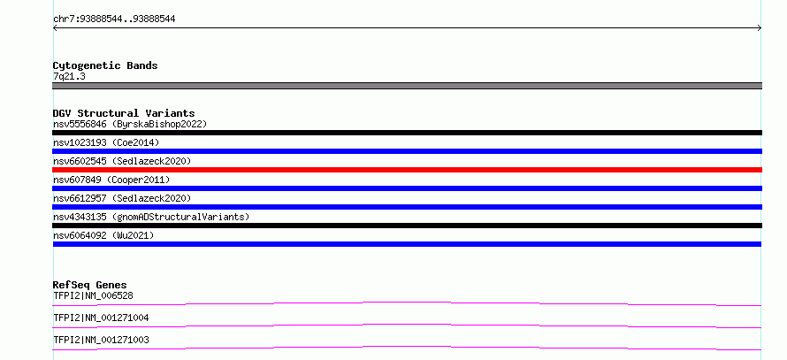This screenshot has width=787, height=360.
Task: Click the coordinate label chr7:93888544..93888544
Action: [x=114, y=19]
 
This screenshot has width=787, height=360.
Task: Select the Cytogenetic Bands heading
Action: [x=105, y=65]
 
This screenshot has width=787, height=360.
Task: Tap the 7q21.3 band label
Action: [x=69, y=77]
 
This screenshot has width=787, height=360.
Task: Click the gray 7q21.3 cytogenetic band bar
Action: [x=407, y=86]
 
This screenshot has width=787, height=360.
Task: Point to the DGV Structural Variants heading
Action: [x=124, y=113]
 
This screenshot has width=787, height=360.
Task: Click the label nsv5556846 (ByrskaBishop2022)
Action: [x=130, y=124]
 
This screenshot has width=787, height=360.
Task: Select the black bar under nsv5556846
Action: [x=407, y=133]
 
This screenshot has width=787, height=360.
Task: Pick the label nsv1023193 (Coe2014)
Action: [x=106, y=142]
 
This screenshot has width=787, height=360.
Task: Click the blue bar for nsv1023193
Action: [x=407, y=151]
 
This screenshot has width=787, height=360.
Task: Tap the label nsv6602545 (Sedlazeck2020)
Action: [x=122, y=161]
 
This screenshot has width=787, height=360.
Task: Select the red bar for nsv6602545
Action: [x=407, y=170]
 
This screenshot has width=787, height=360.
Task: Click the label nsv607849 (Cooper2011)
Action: [x=111, y=180]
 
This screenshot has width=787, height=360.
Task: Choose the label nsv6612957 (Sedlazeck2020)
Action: [x=122, y=198]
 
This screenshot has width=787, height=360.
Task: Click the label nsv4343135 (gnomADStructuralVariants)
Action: [x=151, y=217]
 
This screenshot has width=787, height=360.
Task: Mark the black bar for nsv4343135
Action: [x=407, y=226]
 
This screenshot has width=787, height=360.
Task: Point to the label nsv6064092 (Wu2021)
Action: [x=103, y=235]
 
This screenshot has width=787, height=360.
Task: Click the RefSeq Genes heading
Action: [x=90, y=285]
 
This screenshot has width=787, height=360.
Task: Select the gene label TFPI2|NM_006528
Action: [x=94, y=295]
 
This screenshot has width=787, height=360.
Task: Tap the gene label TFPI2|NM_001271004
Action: [x=101, y=318]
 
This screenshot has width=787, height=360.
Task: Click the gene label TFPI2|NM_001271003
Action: [x=101, y=340]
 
